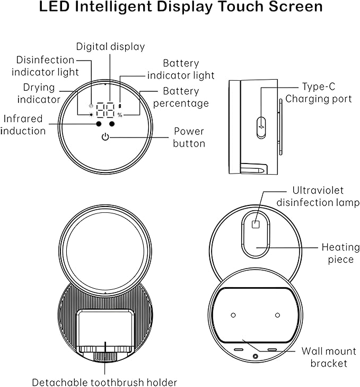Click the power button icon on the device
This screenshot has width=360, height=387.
click(106, 137)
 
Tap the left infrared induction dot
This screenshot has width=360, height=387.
click(99, 124)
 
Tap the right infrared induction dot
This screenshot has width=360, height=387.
click(112, 124)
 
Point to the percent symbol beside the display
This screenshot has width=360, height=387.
click(120, 114)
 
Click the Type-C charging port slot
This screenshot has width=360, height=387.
click(261, 128)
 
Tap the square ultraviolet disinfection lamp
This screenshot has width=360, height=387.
click(256, 224)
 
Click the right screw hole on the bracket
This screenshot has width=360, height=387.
click(277, 315)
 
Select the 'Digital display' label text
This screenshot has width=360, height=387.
click(110, 47)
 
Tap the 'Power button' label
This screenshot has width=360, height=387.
click(189, 137)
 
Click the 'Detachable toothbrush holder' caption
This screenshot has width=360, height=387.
click(104, 382)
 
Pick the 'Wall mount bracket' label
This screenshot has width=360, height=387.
click(329, 357)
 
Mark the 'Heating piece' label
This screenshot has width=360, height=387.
click(338, 253)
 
